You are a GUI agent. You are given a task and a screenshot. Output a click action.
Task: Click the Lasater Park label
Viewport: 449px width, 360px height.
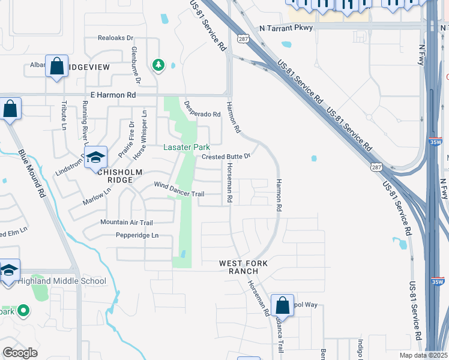(187, 147)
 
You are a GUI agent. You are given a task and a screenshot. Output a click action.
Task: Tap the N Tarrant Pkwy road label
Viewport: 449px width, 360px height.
(287, 28)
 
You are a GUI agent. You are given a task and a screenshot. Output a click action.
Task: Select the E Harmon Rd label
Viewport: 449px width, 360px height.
(113, 95)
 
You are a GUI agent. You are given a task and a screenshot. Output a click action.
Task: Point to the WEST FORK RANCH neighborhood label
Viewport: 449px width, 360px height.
(243, 268)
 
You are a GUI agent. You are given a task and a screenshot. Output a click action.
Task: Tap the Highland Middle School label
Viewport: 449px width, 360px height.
(62, 281)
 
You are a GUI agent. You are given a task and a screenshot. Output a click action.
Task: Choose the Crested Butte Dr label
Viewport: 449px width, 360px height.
(225, 156)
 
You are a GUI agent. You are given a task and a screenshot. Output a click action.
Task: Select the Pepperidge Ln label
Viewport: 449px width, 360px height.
(137, 235)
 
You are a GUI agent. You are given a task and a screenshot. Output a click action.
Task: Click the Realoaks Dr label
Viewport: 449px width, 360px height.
(115, 37)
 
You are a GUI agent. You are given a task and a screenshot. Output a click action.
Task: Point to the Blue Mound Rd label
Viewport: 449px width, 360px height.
(32, 174)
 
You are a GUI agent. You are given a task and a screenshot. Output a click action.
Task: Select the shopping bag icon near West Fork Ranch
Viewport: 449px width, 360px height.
(282, 305)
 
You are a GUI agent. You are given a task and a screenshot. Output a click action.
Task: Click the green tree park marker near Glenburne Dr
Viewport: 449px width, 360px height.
(158, 64)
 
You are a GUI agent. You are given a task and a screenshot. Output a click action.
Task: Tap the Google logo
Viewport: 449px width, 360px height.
(20, 353)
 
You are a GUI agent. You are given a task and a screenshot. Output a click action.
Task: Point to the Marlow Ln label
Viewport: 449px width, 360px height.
(100, 195)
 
